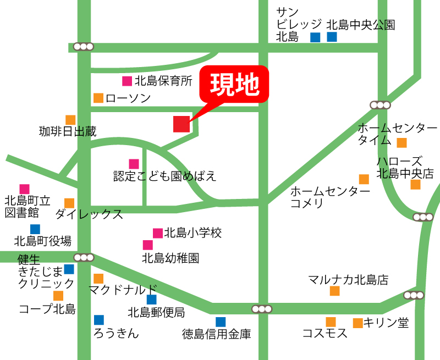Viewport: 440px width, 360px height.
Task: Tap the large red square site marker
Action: (x=182, y=124)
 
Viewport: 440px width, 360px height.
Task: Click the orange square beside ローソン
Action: (x=98, y=98)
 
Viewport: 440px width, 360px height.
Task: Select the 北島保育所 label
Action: (x=163, y=81)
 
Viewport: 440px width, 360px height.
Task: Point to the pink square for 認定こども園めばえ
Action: (x=134, y=164)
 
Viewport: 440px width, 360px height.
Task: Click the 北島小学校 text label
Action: (x=193, y=233)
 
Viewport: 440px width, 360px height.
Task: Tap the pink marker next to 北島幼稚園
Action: (x=148, y=245)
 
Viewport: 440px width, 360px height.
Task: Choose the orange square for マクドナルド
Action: (x=98, y=279)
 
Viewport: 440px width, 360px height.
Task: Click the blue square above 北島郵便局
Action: (x=151, y=300)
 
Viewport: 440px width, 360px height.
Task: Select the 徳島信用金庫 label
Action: (x=216, y=334)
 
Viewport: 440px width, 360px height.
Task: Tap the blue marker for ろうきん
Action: (x=99, y=320)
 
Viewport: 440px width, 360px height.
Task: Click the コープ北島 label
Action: (x=47, y=309)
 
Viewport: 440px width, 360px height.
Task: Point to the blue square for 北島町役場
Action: (x=35, y=229)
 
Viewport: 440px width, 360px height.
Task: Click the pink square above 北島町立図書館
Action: (x=24, y=189)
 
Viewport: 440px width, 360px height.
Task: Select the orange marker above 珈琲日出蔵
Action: (x=70, y=120)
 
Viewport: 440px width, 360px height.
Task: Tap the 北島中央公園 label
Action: (x=361, y=25)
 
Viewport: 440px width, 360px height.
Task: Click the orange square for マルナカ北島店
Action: (x=334, y=291)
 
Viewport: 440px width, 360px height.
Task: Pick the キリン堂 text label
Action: (x=386, y=323)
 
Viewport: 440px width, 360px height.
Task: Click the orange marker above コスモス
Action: (x=331, y=322)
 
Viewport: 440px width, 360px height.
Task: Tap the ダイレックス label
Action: (x=89, y=214)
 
